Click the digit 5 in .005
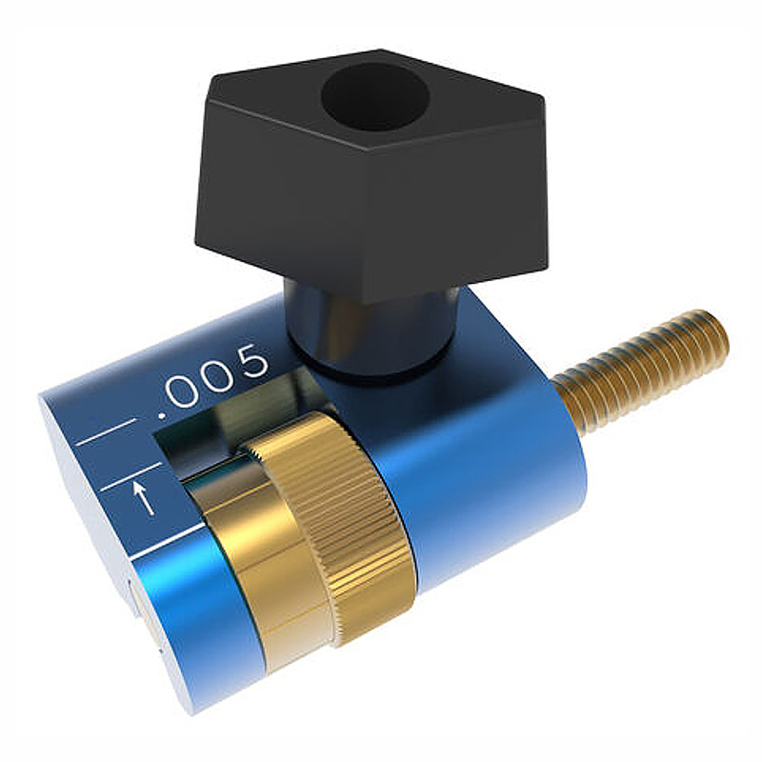click(x=253, y=364)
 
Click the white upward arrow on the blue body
click(x=144, y=496)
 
